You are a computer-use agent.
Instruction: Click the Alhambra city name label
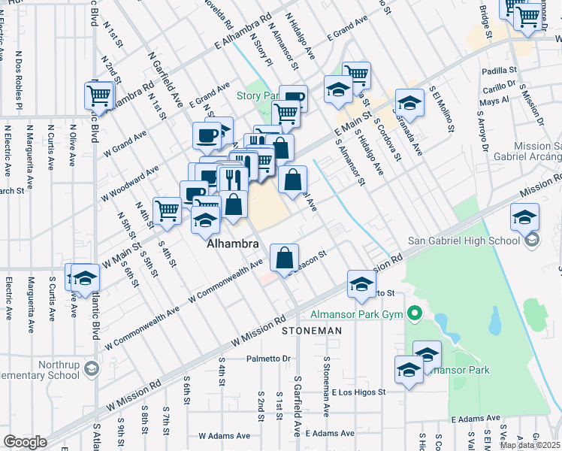[x=233, y=244]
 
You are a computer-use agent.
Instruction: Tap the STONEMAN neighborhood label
[x=312, y=331]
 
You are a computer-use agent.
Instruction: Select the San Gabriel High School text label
[x=463, y=241]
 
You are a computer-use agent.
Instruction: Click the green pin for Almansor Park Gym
[x=414, y=312]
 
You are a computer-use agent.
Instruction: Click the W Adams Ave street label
[x=223, y=434]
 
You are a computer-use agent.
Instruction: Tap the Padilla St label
[x=497, y=71]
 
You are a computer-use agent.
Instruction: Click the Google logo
[x=25, y=442]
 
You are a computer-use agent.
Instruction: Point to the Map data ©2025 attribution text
[x=530, y=445]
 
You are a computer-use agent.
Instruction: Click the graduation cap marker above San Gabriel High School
[x=524, y=218]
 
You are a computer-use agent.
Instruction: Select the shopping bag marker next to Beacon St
[x=285, y=258]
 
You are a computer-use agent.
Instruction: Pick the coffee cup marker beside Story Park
[x=294, y=98]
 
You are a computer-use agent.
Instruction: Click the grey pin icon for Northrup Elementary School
[x=91, y=368]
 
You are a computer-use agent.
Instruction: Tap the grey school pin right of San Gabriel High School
[x=532, y=241]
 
